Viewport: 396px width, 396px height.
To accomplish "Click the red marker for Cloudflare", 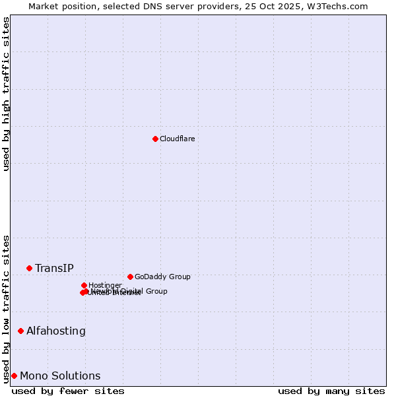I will pyautogui.click(x=155, y=139).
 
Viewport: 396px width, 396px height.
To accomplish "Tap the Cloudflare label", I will pyautogui.click(x=177, y=139).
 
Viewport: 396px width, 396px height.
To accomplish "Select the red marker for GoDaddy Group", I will pyautogui.click(x=130, y=277).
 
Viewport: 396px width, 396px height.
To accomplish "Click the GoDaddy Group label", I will pyautogui.click(x=162, y=277).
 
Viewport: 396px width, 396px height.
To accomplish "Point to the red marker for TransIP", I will pyautogui.click(x=29, y=268).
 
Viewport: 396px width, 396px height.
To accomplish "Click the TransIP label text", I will pyautogui.click(x=54, y=268).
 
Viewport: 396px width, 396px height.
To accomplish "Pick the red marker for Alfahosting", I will pyautogui.click(x=20, y=331).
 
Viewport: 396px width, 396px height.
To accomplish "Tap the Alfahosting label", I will pyautogui.click(x=56, y=331).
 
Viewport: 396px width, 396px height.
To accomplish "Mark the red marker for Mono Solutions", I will pyautogui.click(x=14, y=376).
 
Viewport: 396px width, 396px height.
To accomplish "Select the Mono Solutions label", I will pyautogui.click(x=60, y=376).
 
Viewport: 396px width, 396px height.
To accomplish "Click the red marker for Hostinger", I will pyautogui.click(x=84, y=285).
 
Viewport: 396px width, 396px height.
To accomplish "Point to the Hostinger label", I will pyautogui.click(x=105, y=285).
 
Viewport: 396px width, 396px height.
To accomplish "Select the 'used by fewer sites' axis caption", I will pyautogui.click(x=68, y=391).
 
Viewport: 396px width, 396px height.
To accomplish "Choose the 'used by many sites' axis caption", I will pyautogui.click(x=331, y=391).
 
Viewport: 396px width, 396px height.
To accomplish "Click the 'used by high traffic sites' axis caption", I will pyautogui.click(x=6, y=94).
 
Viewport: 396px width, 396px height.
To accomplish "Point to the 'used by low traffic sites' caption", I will pyautogui.click(x=6, y=308).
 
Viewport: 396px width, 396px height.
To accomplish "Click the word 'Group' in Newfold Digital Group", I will pyautogui.click(x=156, y=291).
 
